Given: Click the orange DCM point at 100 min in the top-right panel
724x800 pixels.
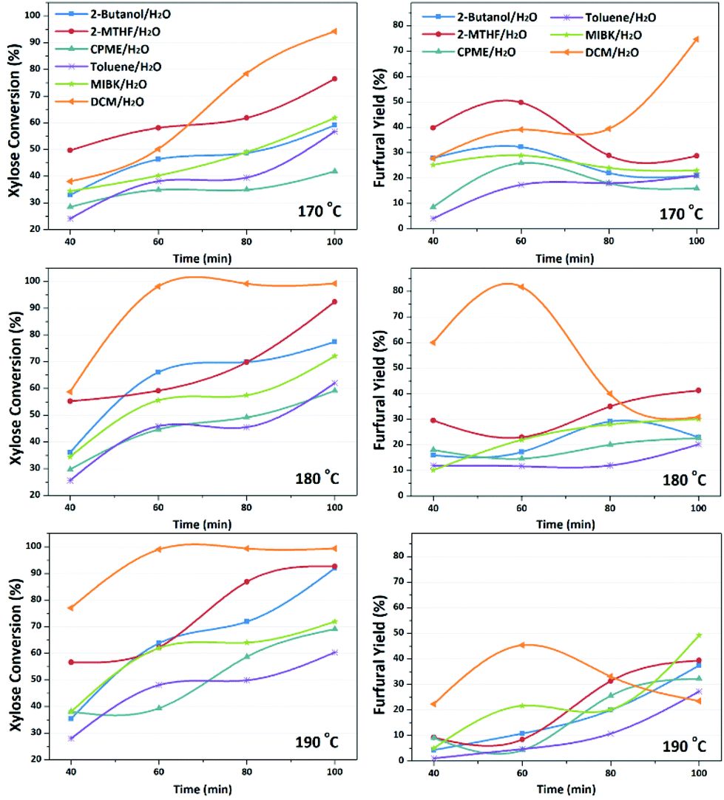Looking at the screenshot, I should point(696,38).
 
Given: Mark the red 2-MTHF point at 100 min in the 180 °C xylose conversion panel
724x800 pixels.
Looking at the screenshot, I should point(334,301).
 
